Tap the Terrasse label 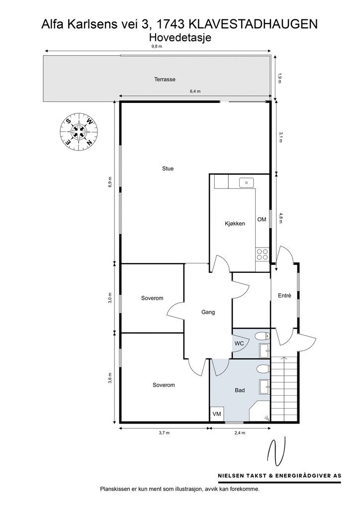click(165, 79)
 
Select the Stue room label click(168, 169)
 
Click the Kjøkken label click(235, 224)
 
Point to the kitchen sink click(247, 183)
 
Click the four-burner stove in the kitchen click(262, 254)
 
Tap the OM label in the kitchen click(262, 219)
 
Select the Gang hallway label click(208, 312)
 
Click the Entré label click(285, 296)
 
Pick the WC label click(239, 343)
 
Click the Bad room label click(240, 390)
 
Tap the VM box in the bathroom click(216, 414)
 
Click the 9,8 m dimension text click(157, 46)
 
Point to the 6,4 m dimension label click(195, 91)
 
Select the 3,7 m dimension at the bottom click(164, 433)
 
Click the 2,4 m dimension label click(240, 433)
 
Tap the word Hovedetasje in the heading click(180, 38)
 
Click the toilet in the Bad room click(263, 369)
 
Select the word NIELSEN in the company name click(231, 476)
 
